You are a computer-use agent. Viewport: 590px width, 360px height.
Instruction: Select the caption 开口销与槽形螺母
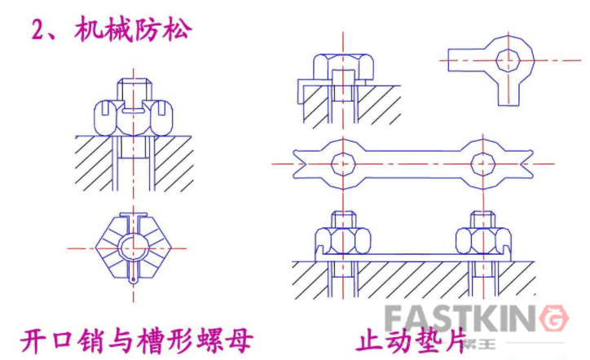(x=134, y=338)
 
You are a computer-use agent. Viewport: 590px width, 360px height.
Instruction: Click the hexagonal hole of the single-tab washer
(x=510, y=59)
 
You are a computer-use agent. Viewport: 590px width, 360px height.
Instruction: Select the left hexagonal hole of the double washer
(x=341, y=161)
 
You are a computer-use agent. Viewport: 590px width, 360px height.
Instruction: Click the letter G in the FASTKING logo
(x=553, y=318)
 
